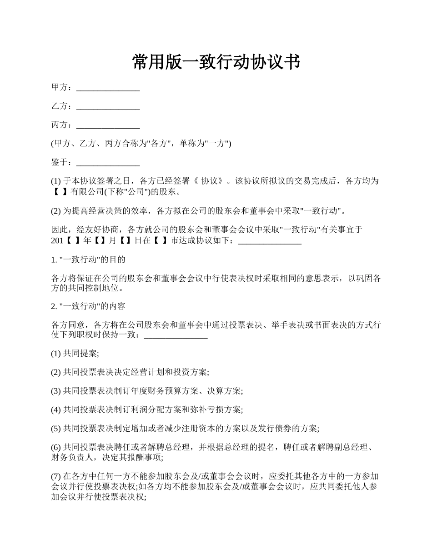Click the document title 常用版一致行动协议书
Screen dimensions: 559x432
click(x=216, y=62)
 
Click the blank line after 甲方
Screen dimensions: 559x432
click(x=108, y=88)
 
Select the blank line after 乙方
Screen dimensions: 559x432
click(x=108, y=107)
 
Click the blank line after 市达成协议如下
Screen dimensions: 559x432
click(x=270, y=242)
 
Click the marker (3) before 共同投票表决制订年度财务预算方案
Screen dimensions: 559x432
click(x=56, y=391)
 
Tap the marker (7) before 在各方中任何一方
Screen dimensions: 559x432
click(x=56, y=476)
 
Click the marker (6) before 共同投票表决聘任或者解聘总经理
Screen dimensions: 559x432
click(x=56, y=447)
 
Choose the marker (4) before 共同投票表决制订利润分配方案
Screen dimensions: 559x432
click(x=56, y=409)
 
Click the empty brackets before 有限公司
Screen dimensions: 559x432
click(x=60, y=191)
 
